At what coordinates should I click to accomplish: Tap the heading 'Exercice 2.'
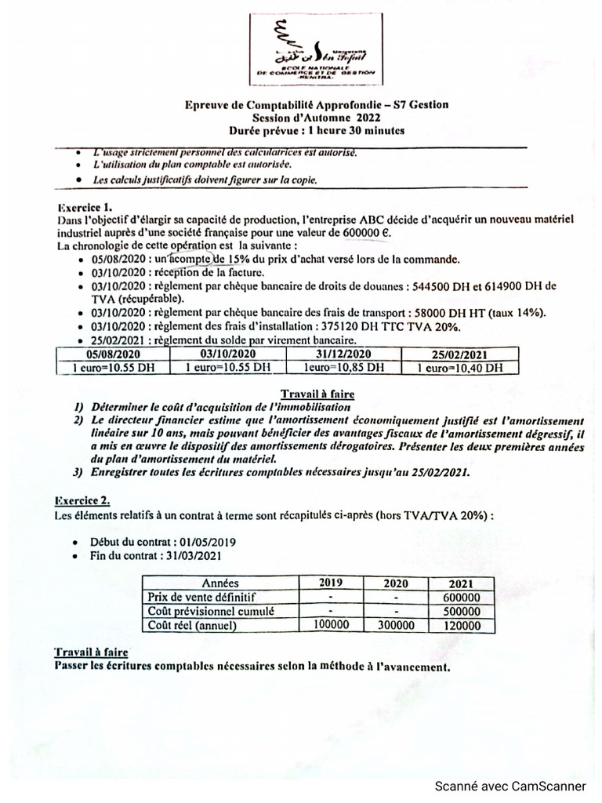82,500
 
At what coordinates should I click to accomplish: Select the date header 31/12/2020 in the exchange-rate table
343,354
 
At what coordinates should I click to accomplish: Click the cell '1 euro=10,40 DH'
459,367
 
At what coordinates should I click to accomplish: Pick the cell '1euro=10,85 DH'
343,367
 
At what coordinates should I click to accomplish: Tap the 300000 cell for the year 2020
396,625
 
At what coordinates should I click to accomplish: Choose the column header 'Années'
220,583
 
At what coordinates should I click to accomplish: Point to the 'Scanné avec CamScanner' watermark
510,786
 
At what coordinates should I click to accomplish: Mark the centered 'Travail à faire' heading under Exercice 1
317,394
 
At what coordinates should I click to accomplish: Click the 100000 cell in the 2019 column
331,625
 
